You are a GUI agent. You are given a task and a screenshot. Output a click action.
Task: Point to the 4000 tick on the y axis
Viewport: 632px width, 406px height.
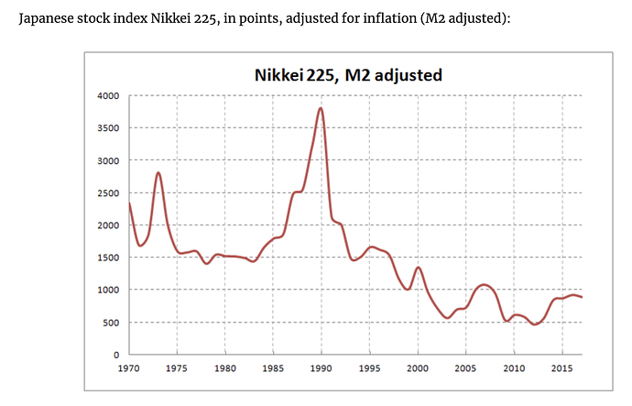[x=108, y=96]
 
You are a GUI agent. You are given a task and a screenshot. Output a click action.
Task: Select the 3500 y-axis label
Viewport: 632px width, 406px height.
[x=108, y=128]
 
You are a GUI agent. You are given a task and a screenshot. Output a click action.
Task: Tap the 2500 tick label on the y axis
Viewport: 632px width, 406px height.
[x=108, y=193]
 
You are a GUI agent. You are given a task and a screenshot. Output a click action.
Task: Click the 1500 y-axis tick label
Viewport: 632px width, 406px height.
[x=108, y=258]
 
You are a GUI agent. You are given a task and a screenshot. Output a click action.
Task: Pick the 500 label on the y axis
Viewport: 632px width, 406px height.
[x=111, y=323]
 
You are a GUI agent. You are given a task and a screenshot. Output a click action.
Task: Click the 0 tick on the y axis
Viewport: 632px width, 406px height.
[x=115, y=355]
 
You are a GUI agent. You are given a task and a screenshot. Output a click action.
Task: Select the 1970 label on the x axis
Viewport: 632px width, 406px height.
[x=129, y=368]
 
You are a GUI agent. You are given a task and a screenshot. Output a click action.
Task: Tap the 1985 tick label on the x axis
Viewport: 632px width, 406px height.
[x=273, y=368]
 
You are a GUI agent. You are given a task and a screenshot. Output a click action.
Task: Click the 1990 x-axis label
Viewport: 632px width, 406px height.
[x=321, y=368]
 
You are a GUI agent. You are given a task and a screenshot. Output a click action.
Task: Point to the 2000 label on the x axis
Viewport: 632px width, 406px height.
[x=418, y=368]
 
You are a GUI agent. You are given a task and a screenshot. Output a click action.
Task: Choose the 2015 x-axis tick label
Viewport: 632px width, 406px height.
[x=561, y=368]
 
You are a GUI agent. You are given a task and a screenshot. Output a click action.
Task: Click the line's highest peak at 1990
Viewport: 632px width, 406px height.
[x=321, y=108]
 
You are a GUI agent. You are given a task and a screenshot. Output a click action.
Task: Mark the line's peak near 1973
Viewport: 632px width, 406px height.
[x=158, y=172]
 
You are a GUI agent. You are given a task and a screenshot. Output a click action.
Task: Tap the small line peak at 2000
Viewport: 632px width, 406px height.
[x=418, y=268]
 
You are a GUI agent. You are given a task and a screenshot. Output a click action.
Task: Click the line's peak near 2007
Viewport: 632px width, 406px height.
[x=485, y=285]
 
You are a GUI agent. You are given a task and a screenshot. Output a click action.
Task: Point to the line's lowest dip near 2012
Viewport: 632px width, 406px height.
[x=535, y=324]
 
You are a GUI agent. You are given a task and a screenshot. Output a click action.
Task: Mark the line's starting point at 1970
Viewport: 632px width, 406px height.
[x=129, y=203]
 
